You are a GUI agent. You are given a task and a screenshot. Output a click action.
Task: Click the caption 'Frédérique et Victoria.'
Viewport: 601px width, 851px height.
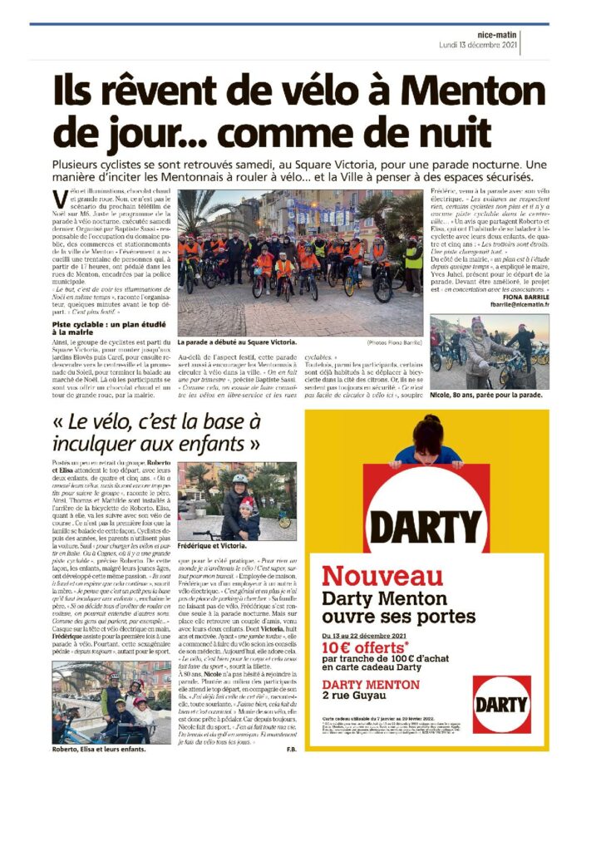(213, 546)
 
